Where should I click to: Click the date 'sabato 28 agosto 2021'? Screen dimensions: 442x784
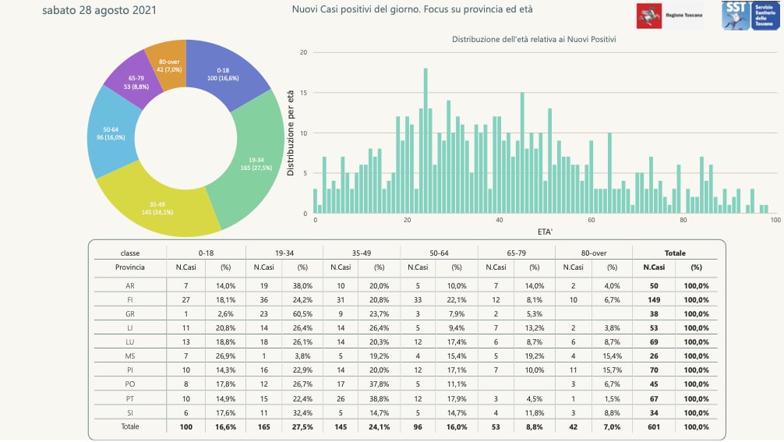point(99,11)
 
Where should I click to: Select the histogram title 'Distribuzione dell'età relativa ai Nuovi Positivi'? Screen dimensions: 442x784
point(535,39)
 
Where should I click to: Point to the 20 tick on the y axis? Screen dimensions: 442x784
point(304,53)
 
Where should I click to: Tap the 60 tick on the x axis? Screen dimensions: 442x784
point(591,221)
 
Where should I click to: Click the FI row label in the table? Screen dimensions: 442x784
point(130,299)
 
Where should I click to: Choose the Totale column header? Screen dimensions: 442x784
point(674,253)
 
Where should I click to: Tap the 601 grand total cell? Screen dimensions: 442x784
point(653,426)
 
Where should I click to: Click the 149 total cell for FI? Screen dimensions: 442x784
point(653,299)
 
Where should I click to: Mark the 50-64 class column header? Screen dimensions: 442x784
point(439,253)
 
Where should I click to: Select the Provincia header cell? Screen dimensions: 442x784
point(130,267)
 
